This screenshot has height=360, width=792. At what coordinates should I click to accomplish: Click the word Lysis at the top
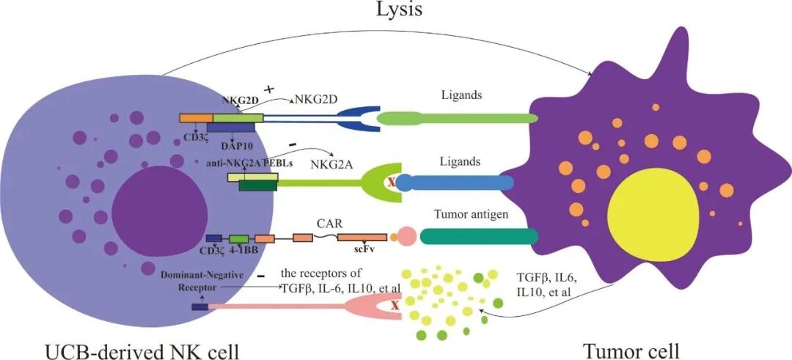tap(398, 10)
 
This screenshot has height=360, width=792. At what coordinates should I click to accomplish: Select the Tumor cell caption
tap(631, 350)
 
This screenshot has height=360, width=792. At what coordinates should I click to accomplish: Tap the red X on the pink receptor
tap(396, 305)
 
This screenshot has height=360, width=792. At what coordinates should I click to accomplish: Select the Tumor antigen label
tap(471, 215)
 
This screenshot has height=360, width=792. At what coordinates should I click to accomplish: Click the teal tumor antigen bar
tap(479, 236)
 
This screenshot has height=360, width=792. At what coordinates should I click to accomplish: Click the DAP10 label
tap(236, 146)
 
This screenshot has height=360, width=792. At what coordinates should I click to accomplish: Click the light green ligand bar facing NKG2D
tap(457, 118)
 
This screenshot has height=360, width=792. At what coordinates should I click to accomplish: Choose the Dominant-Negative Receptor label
tap(202, 281)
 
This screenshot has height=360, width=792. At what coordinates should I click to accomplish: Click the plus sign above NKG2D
tap(269, 89)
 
